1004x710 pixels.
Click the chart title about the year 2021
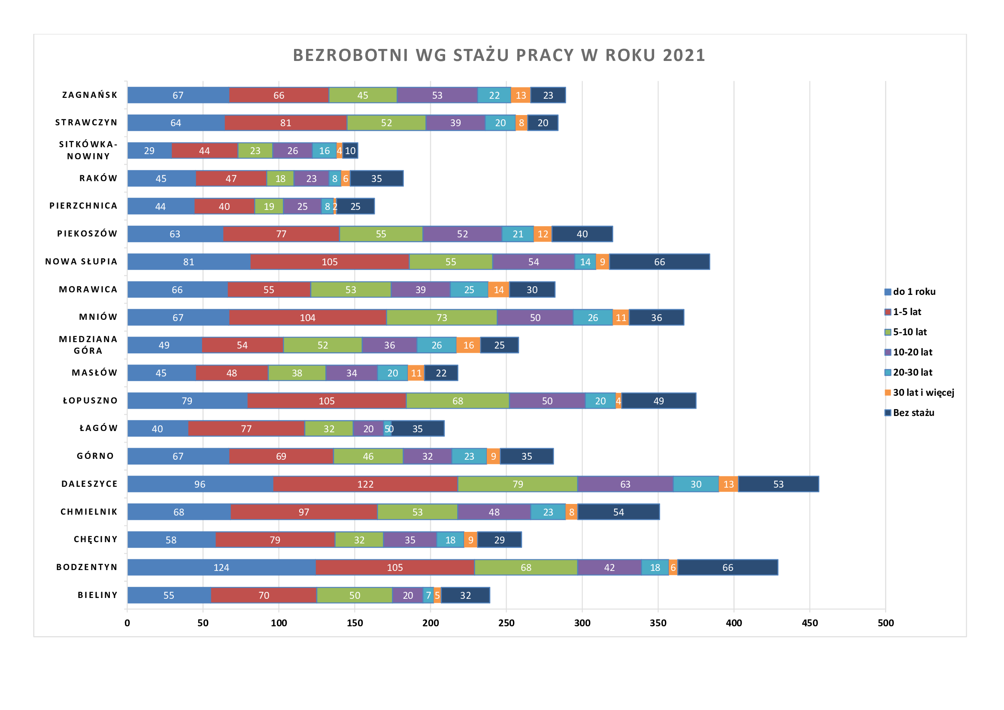499,55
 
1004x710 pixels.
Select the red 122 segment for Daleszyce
365,484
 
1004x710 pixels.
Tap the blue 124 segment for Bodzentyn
221,567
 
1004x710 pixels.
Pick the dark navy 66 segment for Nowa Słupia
659,262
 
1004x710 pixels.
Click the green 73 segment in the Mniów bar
442,317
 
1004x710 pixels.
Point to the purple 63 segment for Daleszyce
625,484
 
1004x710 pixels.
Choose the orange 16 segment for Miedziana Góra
468,346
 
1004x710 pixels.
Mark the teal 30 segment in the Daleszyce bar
696,484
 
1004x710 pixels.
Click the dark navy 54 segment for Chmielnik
618,512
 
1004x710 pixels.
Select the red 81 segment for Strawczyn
285,123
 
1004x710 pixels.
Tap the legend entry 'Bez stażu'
913,413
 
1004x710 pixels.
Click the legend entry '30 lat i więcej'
923,393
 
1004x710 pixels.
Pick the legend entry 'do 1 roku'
914,291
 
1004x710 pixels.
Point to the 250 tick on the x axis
507,623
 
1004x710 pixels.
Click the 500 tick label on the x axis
886,623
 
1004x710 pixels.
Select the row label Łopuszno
91,401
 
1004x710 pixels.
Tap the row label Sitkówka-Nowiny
88,150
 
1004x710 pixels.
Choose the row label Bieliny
97,595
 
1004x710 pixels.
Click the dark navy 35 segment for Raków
376,179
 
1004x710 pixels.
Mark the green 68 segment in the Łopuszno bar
458,401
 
